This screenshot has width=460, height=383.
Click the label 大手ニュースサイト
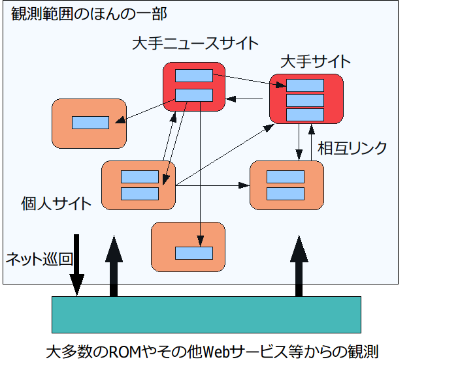click(195, 44)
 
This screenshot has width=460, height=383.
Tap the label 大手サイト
click(315, 62)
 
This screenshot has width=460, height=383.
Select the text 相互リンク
click(352, 148)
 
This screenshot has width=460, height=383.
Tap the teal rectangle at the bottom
click(206, 314)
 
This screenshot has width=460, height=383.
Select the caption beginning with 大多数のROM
click(213, 353)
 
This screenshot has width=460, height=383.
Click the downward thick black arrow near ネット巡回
click(77, 265)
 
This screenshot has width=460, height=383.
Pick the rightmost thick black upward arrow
click(299, 266)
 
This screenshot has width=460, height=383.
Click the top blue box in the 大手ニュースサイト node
click(193, 76)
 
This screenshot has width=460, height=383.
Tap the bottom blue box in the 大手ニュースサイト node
click(193, 95)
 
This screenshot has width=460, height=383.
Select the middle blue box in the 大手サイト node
click(305, 100)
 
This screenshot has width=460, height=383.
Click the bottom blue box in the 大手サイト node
click(305, 114)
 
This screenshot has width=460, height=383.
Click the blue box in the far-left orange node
click(90, 123)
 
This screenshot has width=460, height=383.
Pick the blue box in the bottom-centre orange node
click(193, 253)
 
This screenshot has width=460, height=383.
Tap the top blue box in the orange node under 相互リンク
click(286, 177)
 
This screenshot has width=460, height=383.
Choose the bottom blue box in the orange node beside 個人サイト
click(140, 194)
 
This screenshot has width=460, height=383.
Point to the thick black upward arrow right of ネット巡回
click(114, 266)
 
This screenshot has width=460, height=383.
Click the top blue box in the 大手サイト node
click(305, 85)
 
